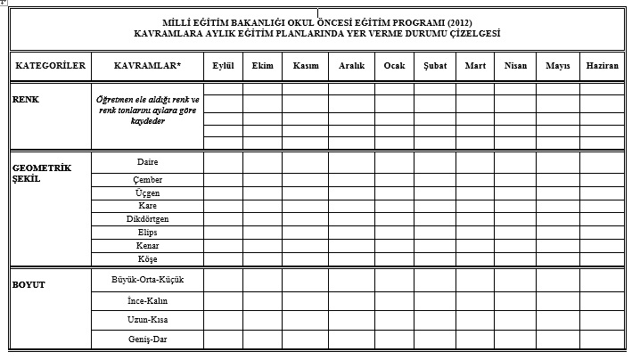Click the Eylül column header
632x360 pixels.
pyautogui.click(x=222, y=66)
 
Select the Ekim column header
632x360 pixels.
pyautogui.click(x=262, y=66)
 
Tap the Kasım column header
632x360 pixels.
pyautogui.click(x=305, y=66)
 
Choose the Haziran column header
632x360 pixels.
pyautogui.click(x=602, y=66)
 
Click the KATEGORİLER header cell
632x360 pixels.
pyautogui.click(x=50, y=66)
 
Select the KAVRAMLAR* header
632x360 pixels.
pyautogui.click(x=147, y=66)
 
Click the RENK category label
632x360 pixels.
pyautogui.click(x=26, y=99)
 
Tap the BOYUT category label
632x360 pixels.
pyautogui.click(x=29, y=285)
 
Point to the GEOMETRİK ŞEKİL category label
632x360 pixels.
pyautogui.click(x=40, y=172)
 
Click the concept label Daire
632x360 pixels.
pyautogui.click(x=147, y=162)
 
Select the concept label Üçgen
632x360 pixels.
pyautogui.click(x=147, y=192)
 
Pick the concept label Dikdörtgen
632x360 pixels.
pyautogui.click(x=147, y=218)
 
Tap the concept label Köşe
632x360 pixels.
pyautogui.click(x=147, y=258)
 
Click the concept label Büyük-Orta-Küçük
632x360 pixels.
pyautogui.click(x=147, y=278)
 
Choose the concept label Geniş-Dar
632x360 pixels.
pyautogui.click(x=147, y=340)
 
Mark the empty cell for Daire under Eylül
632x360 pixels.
pyautogui.click(x=222, y=163)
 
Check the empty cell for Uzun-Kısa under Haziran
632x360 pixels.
pyautogui.click(x=602, y=319)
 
